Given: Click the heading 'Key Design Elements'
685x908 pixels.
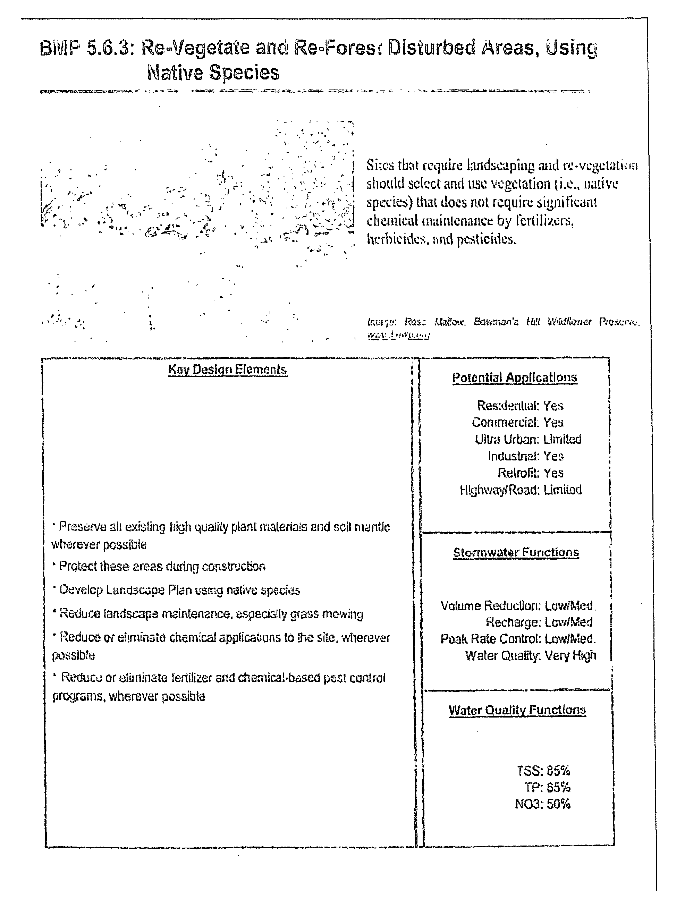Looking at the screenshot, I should pos(227,370).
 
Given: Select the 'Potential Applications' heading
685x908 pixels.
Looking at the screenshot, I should pos(515,377).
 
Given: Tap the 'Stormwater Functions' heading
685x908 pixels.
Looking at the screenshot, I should pos(516,552).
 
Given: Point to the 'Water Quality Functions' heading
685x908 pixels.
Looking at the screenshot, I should pos(517,710).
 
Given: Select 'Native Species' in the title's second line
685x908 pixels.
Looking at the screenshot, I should pos(213,73).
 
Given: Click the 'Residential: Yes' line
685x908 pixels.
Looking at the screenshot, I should pos(520,406).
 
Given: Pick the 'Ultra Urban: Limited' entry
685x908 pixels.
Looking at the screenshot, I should pos(528,439).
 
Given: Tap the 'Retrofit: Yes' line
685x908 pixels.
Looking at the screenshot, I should pos(530,473).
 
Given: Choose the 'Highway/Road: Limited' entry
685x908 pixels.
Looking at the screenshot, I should pos(521,490).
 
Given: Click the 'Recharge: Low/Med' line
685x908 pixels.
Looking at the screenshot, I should pos(539,622).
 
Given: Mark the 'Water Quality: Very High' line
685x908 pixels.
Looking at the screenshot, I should pos(530,655).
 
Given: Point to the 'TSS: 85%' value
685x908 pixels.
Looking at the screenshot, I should pos(543,771).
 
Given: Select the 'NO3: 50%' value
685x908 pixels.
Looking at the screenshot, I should pos(543,804).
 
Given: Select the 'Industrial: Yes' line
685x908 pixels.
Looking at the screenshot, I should pos(525,456).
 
